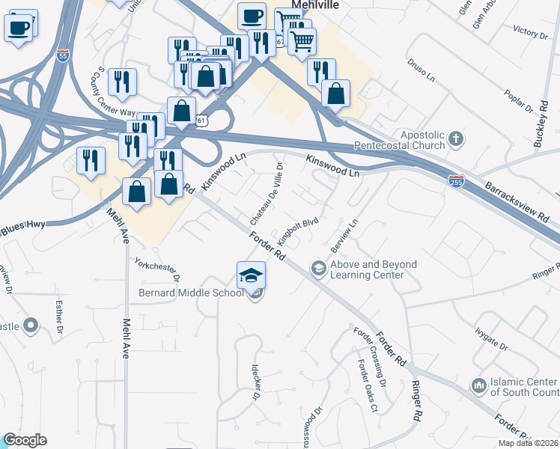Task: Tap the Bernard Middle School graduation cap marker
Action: click(x=252, y=275)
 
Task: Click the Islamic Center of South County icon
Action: click(x=478, y=385)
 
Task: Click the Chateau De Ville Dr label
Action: click(x=267, y=195)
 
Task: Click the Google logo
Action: click(x=25, y=440)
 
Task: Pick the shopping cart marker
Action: click(x=302, y=40)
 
